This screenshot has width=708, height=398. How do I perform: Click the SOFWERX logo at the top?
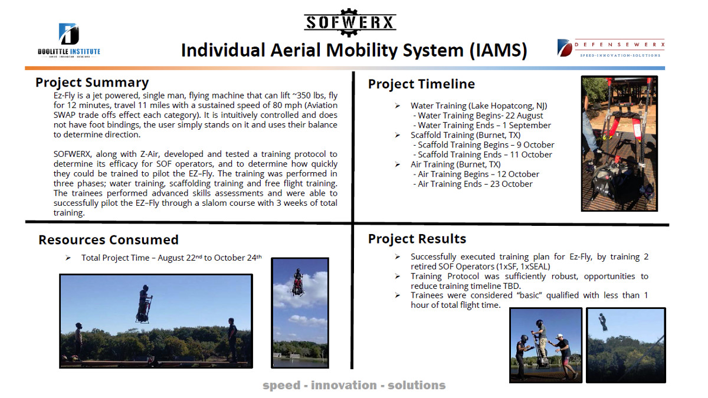(350, 22)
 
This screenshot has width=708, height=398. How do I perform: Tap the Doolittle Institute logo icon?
(68, 34)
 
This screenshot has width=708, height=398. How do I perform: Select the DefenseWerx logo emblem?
(565, 48)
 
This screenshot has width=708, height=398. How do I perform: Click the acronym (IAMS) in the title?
(499, 51)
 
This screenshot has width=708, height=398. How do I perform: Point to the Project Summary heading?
(92, 83)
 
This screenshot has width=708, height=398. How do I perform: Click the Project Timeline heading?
(421, 84)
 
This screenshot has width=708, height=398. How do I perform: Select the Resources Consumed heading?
(109, 240)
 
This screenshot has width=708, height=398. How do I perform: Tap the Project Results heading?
(417, 239)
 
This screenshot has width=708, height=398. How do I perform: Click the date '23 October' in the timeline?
(511, 184)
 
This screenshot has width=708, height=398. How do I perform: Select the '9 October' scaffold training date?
(536, 144)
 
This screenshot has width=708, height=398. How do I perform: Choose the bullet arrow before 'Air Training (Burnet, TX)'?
(397, 165)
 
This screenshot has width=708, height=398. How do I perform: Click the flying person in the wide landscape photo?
(144, 304)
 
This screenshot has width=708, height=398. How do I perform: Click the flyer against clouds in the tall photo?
(298, 282)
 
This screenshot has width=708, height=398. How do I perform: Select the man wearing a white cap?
(563, 356)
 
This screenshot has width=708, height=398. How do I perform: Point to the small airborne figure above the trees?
(602, 322)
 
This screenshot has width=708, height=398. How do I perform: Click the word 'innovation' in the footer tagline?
(344, 386)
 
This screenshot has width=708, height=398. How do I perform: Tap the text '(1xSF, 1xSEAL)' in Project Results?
(523, 267)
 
